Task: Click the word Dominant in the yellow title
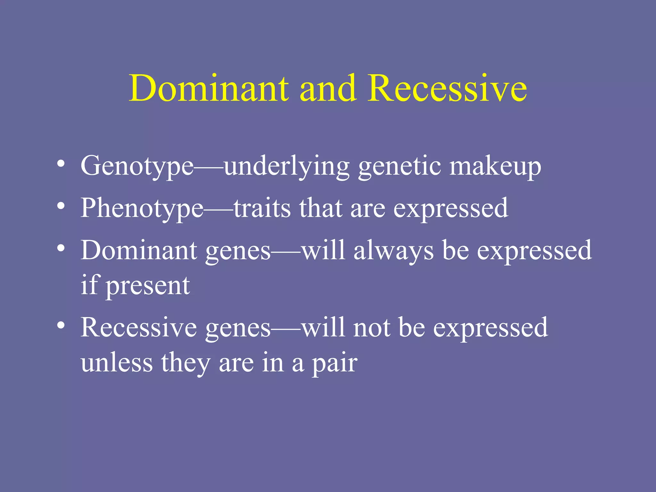[x=209, y=88]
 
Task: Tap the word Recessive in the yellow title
[x=447, y=88]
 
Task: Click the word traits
[x=262, y=208]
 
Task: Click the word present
[x=148, y=286]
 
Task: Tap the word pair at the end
[x=334, y=364]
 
